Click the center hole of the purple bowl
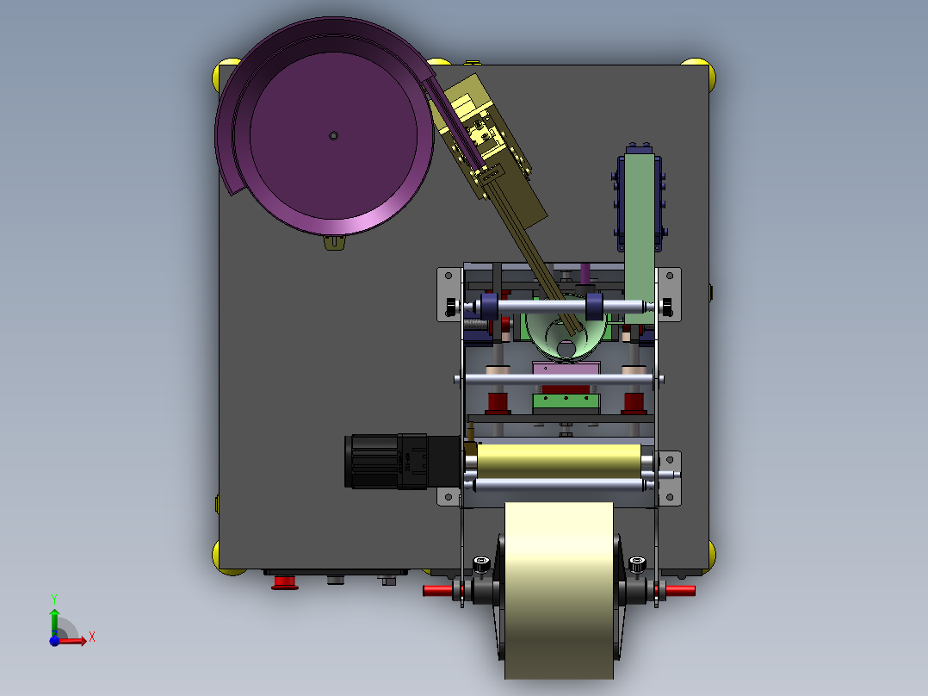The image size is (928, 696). point(333,135)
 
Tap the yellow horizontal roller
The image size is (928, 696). point(559,461)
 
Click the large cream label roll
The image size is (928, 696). point(559,591)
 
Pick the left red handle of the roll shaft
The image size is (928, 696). point(438,591)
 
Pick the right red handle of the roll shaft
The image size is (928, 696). point(679,591)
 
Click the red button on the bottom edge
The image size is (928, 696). point(285,583)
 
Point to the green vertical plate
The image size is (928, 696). point(640,238)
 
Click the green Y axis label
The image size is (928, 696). point(54,600)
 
